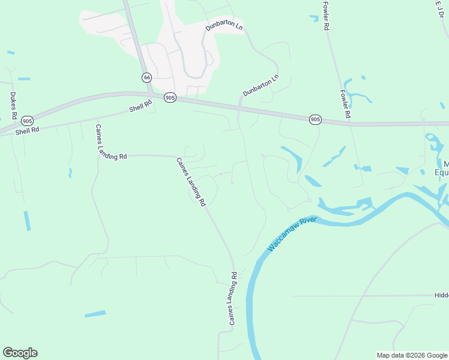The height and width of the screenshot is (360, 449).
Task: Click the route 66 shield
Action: pyautogui.click(x=146, y=78)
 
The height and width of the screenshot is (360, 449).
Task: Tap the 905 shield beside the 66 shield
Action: pyautogui.click(x=170, y=97)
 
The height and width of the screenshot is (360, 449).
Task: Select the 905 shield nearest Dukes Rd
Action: pyautogui.click(x=26, y=121)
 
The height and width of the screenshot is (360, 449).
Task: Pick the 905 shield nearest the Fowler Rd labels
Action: pyautogui.click(x=316, y=120)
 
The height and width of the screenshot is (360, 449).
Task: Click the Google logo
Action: pyautogui.click(x=20, y=353)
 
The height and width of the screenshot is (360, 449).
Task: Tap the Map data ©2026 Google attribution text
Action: pyautogui.click(x=412, y=355)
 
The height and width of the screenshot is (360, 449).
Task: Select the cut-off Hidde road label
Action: pyautogui.click(x=441, y=296)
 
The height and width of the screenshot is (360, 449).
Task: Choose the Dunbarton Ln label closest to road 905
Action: pyautogui.click(x=261, y=85)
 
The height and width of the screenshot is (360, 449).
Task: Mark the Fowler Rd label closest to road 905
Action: pyautogui.click(x=345, y=104)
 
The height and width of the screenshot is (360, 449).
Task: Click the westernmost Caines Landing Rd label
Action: pyautogui.click(x=110, y=142)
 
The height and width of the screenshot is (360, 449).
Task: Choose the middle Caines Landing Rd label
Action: pyautogui.click(x=191, y=182)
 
